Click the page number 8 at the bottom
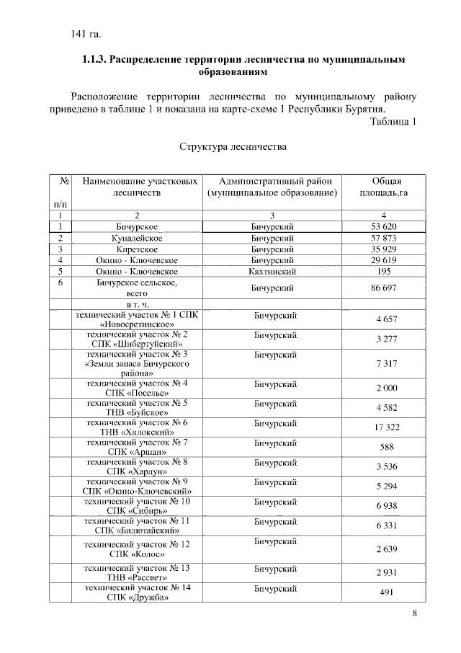tap(414, 613)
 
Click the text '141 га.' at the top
tap(86, 34)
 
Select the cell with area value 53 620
tap(385, 227)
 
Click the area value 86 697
tap(385, 288)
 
